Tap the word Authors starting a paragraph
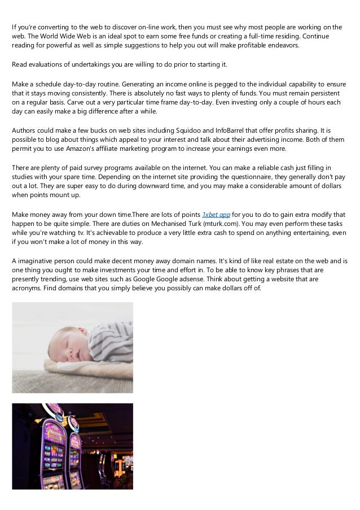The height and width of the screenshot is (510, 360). [25, 129]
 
